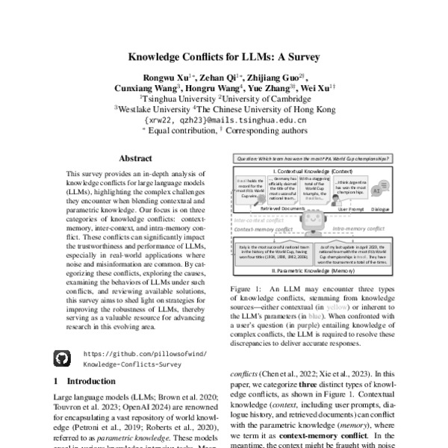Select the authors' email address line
tap(224, 119)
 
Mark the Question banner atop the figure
tap(314, 159)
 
